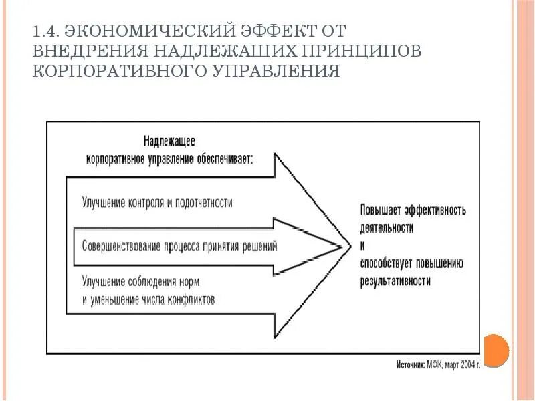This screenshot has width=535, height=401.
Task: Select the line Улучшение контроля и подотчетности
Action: click(157, 201)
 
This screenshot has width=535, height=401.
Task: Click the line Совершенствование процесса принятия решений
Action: click(179, 245)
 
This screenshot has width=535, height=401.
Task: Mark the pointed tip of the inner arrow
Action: click(340, 245)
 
